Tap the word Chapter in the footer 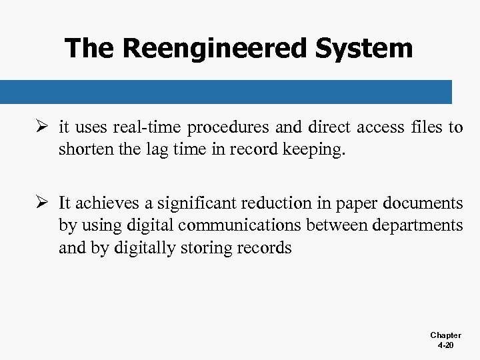click(x=445, y=335)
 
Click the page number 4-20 click(x=445, y=346)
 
